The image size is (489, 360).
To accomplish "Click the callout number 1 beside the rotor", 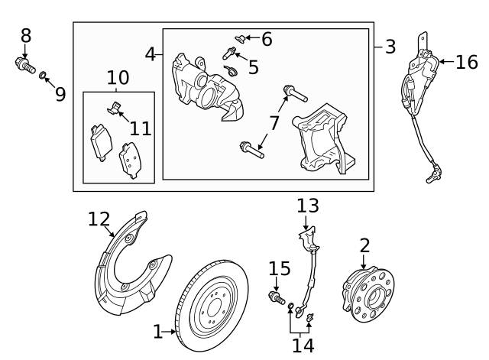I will [x=158, y=332].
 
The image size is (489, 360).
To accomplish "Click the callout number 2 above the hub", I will [x=364, y=245].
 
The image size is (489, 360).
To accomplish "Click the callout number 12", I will [x=99, y=219].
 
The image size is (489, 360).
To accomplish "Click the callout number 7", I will [x=274, y=122].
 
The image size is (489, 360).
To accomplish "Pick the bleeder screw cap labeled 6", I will [x=239, y=36].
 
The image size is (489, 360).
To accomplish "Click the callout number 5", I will [x=253, y=67].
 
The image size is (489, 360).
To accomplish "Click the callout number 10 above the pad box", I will [x=118, y=77].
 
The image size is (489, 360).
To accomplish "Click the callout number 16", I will [x=466, y=63].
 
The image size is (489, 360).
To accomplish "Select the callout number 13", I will [x=308, y=206].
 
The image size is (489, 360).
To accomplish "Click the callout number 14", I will [x=303, y=345].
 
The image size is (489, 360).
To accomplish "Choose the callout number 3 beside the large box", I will [x=390, y=47].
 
